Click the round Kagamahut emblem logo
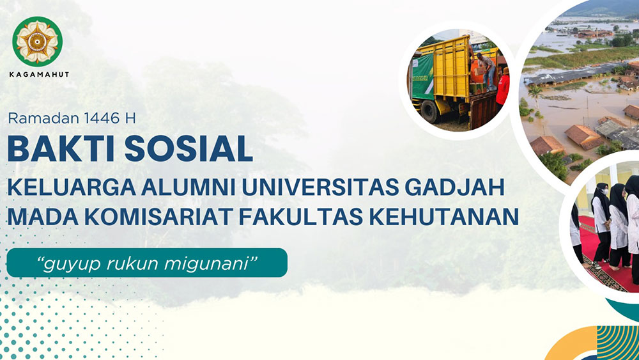click(37, 41)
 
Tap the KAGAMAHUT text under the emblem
click(39, 75)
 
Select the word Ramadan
click(43, 118)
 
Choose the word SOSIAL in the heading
click(189, 148)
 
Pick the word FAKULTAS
click(301, 217)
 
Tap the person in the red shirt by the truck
click(503, 88)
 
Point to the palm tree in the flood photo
click(535, 95)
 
